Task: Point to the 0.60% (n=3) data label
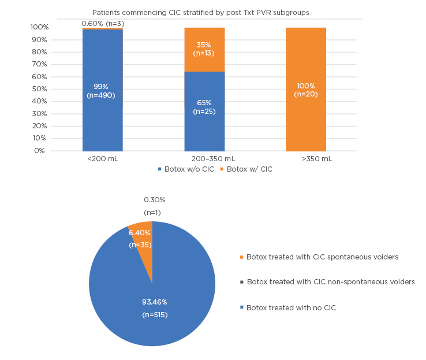[x=103, y=23]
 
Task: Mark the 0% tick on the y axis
[x=39, y=151]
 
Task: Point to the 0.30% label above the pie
[x=155, y=200]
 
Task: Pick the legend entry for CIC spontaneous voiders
[x=322, y=257]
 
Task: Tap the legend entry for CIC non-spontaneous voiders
[x=330, y=282]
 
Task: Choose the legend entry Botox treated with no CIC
[x=290, y=308]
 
